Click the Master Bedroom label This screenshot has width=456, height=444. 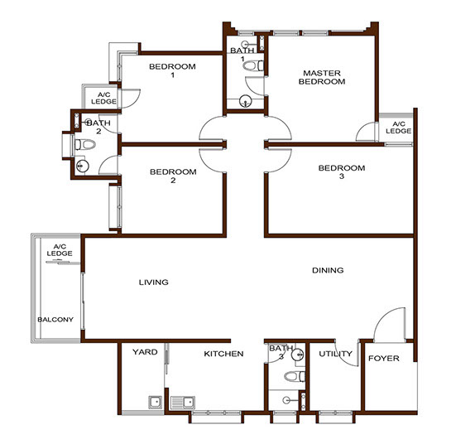pyautogui.click(x=322, y=77)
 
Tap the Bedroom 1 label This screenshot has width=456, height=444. pyautogui.click(x=172, y=70)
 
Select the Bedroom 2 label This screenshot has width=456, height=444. pyautogui.click(x=173, y=176)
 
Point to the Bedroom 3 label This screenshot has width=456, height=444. pyautogui.click(x=342, y=172)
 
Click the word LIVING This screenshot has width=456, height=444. pyautogui.click(x=154, y=282)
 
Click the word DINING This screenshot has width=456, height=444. pyautogui.click(x=328, y=270)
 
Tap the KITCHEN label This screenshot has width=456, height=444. pyautogui.click(x=223, y=354)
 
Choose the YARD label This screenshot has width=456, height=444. pyautogui.click(x=145, y=352)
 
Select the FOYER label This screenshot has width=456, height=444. pyautogui.click(x=384, y=358)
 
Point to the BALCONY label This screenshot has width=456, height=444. pyautogui.click(x=55, y=320)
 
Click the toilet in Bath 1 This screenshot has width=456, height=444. pyautogui.click(x=253, y=65)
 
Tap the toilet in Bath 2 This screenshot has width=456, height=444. pyautogui.click(x=85, y=144)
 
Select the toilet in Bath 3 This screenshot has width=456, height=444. pyautogui.click(x=295, y=376)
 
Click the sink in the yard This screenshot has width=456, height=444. pyautogui.click(x=156, y=403)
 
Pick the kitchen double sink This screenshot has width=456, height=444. pyautogui.click(x=183, y=403)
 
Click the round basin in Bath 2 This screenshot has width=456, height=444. pyautogui.click(x=82, y=166)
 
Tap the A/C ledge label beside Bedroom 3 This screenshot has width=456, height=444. pyautogui.click(x=398, y=128)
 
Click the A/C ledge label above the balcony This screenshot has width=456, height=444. pyautogui.click(x=60, y=250)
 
